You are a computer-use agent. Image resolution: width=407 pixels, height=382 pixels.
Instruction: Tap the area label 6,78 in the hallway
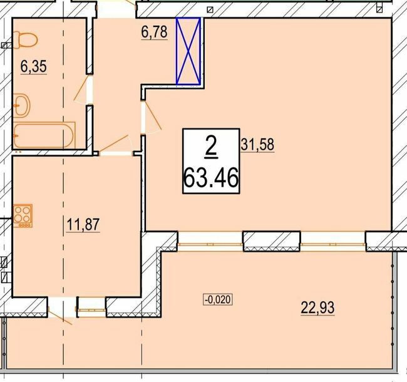click(155, 31)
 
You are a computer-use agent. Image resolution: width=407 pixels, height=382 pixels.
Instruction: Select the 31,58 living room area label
click(257, 144)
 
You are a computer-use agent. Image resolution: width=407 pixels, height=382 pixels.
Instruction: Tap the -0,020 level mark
click(218, 299)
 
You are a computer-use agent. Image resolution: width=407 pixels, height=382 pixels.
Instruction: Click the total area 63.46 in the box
click(210, 179)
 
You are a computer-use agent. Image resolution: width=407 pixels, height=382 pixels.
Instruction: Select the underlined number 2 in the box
click(210, 147)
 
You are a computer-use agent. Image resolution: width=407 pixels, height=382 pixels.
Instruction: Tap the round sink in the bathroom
click(23, 105)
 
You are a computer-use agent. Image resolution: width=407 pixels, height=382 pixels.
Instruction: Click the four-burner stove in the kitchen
click(24, 214)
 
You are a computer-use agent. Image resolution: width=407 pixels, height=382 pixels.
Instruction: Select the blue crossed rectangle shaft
click(188, 51)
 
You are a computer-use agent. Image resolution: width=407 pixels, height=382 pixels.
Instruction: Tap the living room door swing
click(151, 118)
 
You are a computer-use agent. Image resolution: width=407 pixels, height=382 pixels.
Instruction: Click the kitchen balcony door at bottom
click(63, 309)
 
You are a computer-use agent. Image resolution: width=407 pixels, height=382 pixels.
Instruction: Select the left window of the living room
click(210, 240)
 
